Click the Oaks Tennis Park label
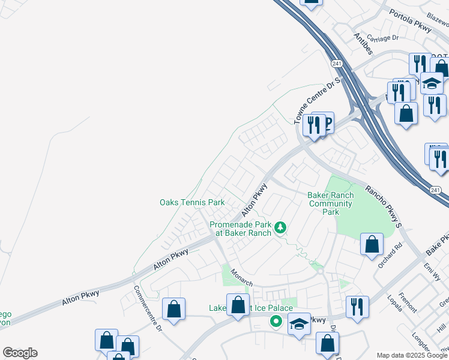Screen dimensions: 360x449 pos(191,203)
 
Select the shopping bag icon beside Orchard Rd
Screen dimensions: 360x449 pos(372,244)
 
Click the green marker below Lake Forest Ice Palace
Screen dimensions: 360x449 pos(276,322)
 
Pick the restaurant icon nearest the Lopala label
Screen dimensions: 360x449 pos(357,307)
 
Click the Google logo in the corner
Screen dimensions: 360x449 pos(20,353)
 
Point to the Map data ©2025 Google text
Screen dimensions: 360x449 pos(412,355)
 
